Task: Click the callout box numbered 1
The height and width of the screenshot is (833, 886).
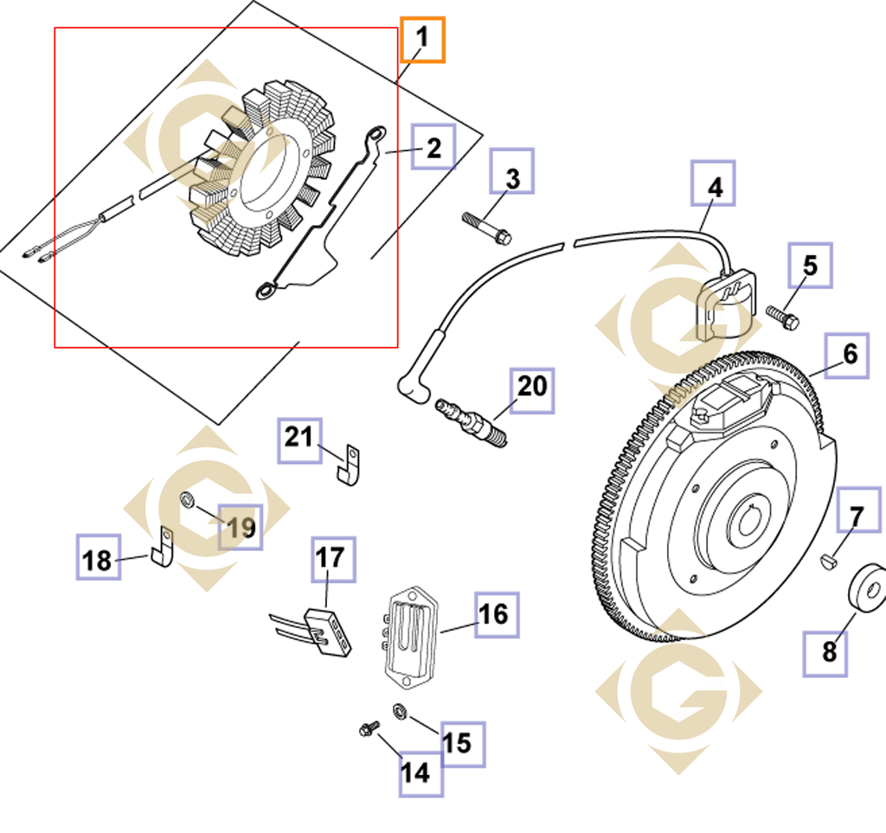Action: point(422,40)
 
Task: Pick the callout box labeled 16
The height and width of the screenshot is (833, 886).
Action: point(497,615)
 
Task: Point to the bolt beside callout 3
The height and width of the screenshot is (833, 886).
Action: point(487,227)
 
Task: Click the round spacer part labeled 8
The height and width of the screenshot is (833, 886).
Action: point(865,590)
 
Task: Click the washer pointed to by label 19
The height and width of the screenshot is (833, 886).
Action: point(187,499)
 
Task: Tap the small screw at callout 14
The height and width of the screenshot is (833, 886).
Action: point(368,730)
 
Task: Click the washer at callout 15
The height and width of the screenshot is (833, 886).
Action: point(400,710)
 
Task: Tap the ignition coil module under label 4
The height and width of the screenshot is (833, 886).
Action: point(725,305)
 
